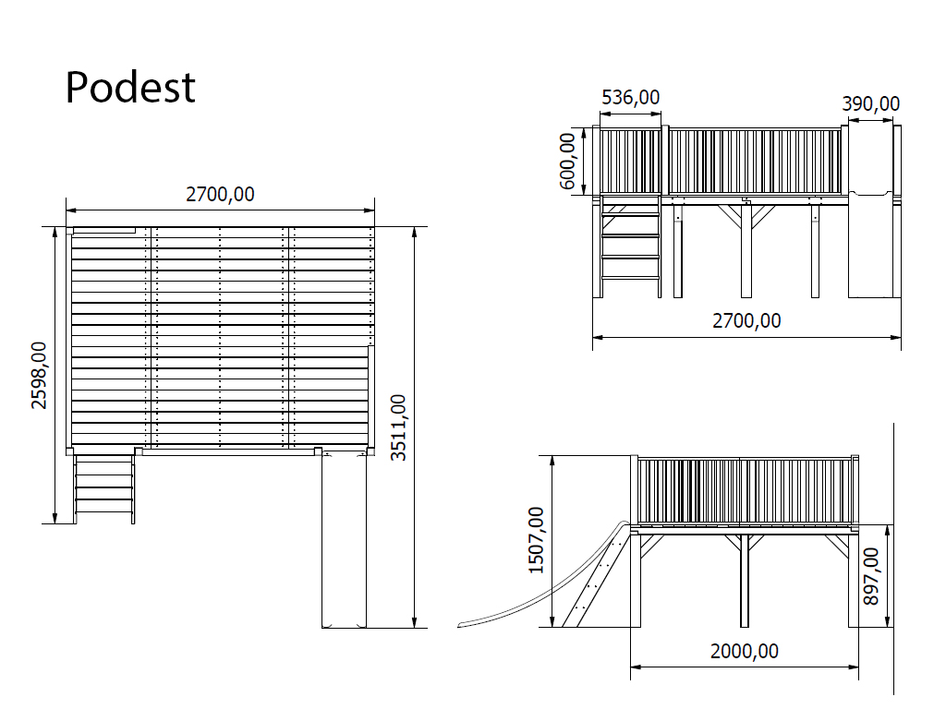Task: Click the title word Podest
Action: point(130,88)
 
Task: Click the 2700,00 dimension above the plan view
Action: point(220,194)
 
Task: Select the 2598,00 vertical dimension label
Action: point(39,375)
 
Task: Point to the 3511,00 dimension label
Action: point(398,427)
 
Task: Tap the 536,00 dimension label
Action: point(630,97)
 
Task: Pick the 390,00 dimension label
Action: point(870,103)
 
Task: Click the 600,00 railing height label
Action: point(568,161)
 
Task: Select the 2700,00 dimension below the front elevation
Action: point(746,320)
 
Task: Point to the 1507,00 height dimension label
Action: point(537,540)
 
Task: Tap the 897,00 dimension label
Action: point(871,576)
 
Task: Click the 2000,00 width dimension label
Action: point(745,651)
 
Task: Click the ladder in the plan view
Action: point(103,488)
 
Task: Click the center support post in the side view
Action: point(744,581)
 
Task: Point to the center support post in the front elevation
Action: point(746,251)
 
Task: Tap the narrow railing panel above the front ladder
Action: point(631,161)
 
